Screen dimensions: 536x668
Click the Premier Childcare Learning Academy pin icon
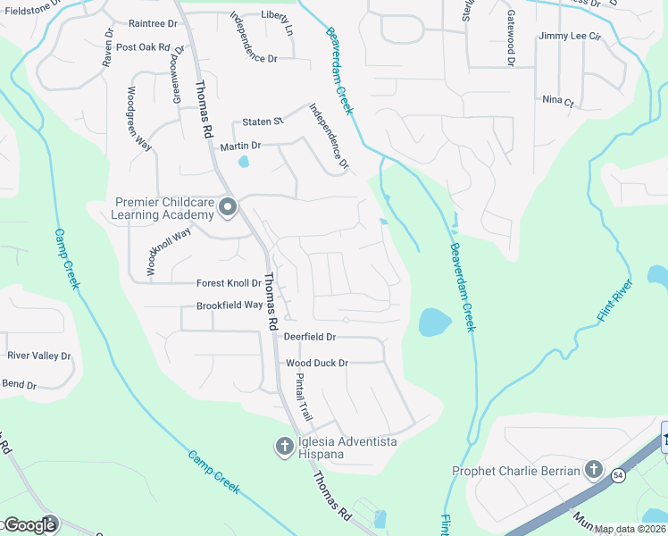coord(228,208)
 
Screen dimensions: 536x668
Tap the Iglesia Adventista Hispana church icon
coord(285,445)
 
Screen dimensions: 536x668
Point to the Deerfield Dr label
coord(309,337)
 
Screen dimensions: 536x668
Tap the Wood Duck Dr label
coord(317,363)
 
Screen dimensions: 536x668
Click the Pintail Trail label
coord(304,398)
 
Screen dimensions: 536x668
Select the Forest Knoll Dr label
coord(229,283)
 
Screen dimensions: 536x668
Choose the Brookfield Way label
coord(230,305)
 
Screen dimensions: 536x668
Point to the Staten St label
coord(263,121)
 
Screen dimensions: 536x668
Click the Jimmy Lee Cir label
coord(571,37)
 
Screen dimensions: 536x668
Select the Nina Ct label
coord(557,101)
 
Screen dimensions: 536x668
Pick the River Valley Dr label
coord(38,356)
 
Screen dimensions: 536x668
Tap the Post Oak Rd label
coord(143,46)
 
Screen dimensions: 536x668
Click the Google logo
coord(29,524)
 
